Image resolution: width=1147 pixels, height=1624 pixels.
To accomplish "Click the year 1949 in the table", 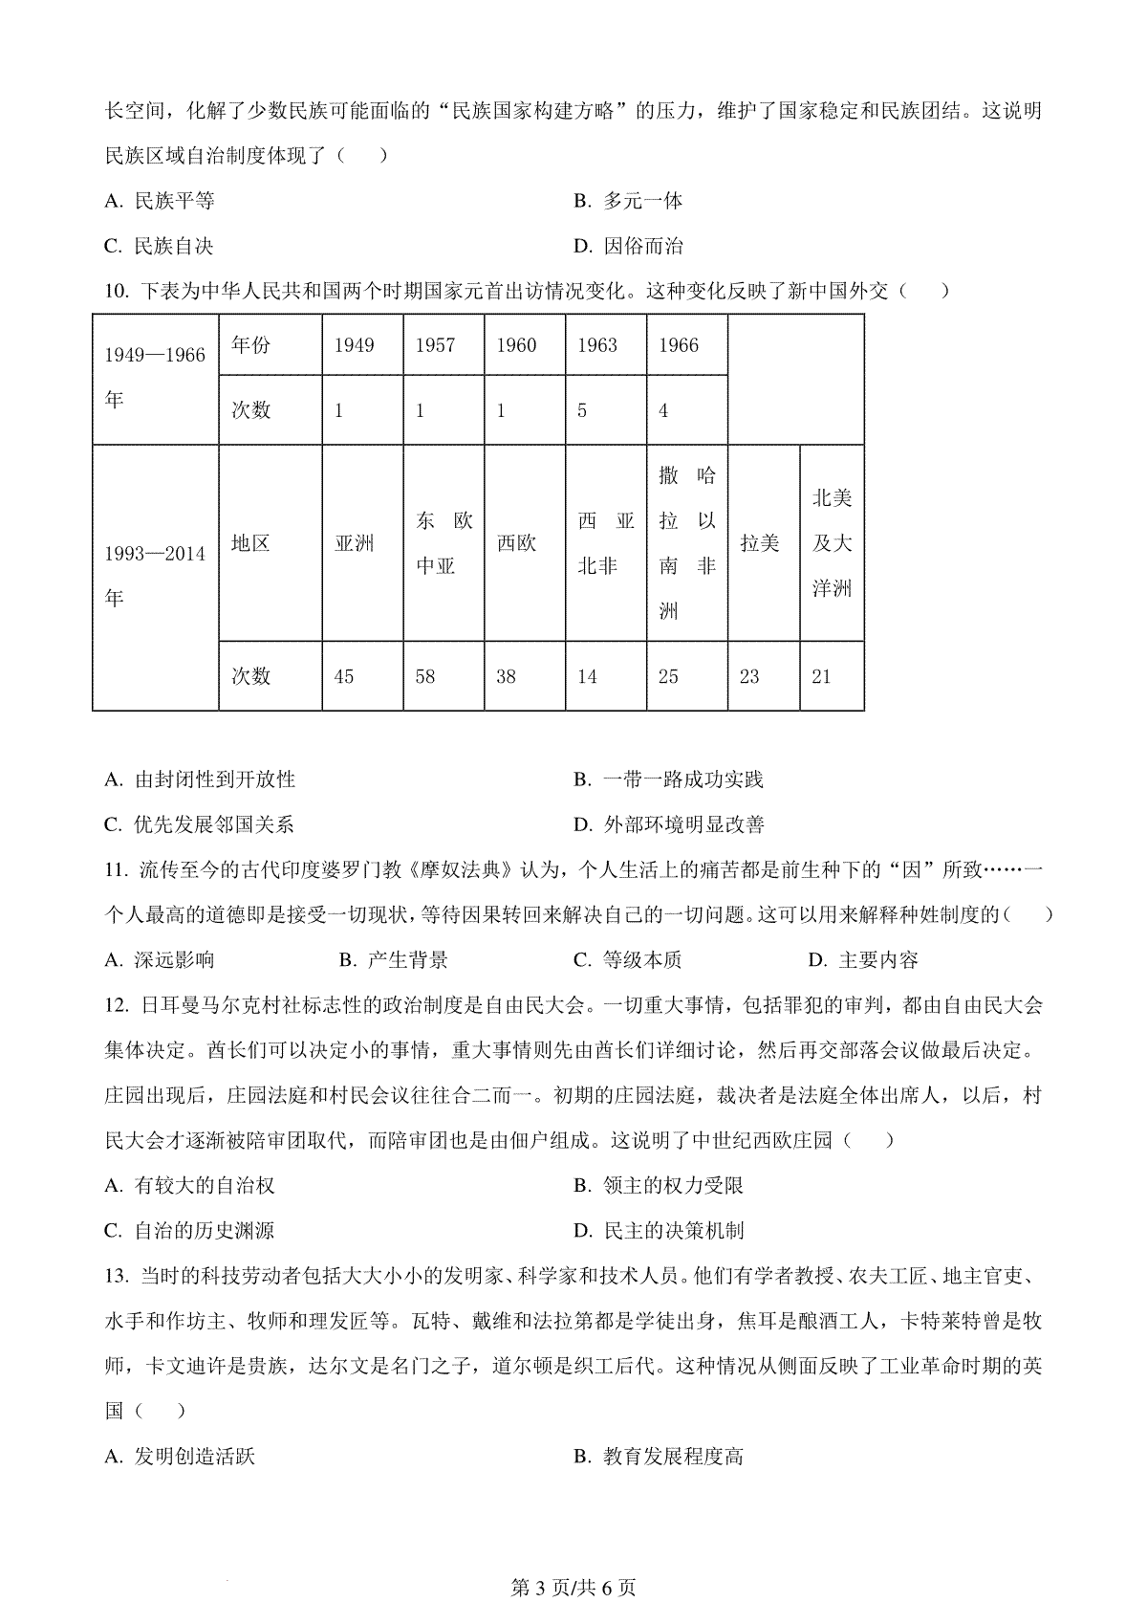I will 354,345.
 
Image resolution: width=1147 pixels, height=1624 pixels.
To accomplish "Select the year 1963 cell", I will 597,345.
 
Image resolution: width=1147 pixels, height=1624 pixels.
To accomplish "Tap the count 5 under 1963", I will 582,411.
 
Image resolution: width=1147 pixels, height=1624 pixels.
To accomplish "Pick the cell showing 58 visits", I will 425,677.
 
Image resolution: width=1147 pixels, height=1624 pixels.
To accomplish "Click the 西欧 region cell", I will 516,543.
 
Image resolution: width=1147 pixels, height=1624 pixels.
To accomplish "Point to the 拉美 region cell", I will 760,543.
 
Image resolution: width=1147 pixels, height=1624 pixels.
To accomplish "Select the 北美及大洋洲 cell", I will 832,543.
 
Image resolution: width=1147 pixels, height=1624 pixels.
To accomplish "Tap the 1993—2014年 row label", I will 155,576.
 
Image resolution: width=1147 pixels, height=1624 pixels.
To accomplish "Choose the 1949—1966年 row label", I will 155,377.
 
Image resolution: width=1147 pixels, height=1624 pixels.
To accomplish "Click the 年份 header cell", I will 251,345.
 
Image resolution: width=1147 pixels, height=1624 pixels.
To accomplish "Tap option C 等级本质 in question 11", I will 628,960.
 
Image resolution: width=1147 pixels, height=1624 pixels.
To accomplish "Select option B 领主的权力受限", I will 659,1186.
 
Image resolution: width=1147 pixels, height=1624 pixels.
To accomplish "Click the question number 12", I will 116,1005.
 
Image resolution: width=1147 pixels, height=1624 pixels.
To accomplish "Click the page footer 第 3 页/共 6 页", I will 573,1588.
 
